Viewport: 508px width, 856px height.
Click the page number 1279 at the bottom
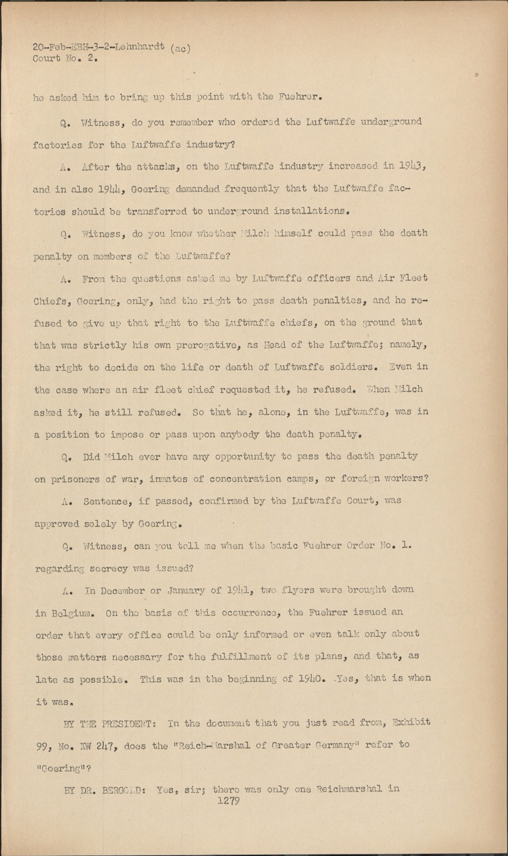coord(226,801)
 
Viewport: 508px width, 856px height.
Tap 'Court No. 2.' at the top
coord(65,59)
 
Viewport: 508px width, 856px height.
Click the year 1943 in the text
coord(412,166)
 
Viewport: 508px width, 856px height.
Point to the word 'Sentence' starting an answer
coord(105,502)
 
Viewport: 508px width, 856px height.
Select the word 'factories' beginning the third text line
coord(57,144)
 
